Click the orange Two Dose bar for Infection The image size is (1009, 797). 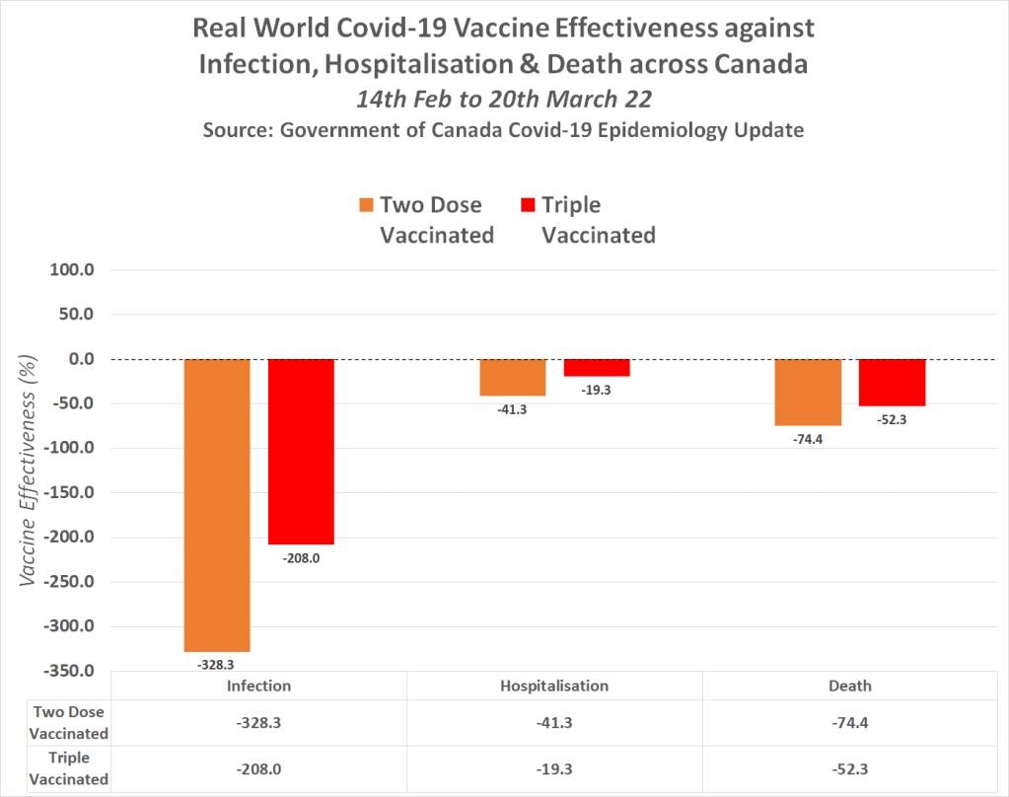[x=217, y=504]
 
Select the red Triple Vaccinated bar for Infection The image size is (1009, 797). [x=301, y=451]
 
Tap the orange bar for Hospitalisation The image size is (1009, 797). [x=512, y=377]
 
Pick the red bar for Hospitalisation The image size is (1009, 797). [x=597, y=367]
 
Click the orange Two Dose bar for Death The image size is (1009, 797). [x=807, y=392]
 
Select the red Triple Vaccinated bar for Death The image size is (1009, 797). [x=892, y=382]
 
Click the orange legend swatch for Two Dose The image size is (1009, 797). [x=367, y=205]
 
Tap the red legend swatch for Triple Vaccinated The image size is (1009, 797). [x=527, y=205]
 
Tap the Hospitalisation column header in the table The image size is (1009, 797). [x=554, y=686]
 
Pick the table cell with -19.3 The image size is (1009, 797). [x=554, y=767]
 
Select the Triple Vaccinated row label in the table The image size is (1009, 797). [x=68, y=767]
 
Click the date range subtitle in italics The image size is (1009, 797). [x=503, y=101]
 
